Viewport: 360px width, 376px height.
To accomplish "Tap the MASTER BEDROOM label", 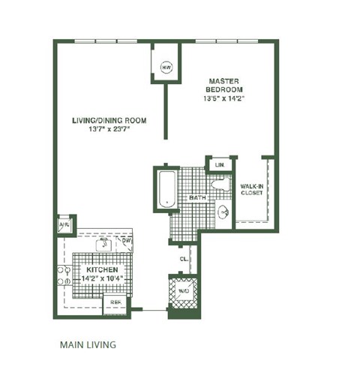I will pyautogui.click(x=223, y=84).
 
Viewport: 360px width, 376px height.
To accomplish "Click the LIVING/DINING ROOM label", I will pyautogui.click(x=109, y=120).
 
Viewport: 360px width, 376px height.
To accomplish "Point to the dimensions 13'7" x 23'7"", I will pyautogui.click(x=109, y=129).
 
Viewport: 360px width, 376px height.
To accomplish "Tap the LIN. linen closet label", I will pyautogui.click(x=220, y=164).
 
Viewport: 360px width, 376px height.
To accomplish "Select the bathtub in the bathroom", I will pyautogui.click(x=166, y=188).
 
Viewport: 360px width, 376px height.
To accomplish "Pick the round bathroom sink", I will pyautogui.click(x=223, y=213).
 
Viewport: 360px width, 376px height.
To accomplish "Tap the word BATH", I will pyautogui.click(x=197, y=198).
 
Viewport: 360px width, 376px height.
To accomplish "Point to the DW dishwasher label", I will pyautogui.click(x=137, y=241).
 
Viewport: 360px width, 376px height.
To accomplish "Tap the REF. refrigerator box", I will pyautogui.click(x=116, y=303).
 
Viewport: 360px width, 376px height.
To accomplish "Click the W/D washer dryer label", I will pyautogui.click(x=183, y=290).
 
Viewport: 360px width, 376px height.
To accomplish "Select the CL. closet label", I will pyautogui.click(x=184, y=259).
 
